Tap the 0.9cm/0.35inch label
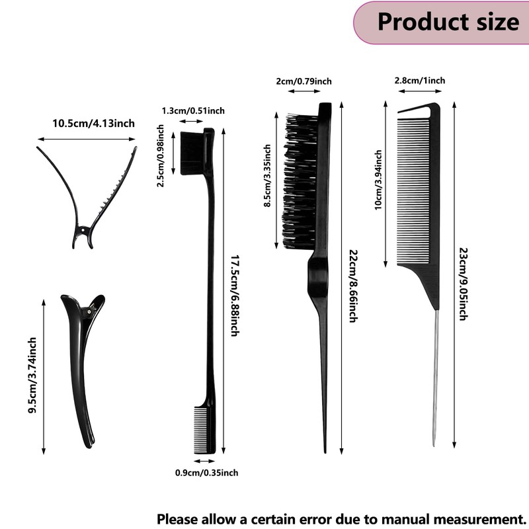click(x=206, y=472)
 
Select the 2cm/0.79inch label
click(x=304, y=81)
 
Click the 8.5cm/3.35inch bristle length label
click(x=267, y=177)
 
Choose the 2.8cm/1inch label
click(x=419, y=81)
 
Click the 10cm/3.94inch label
click(x=378, y=180)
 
